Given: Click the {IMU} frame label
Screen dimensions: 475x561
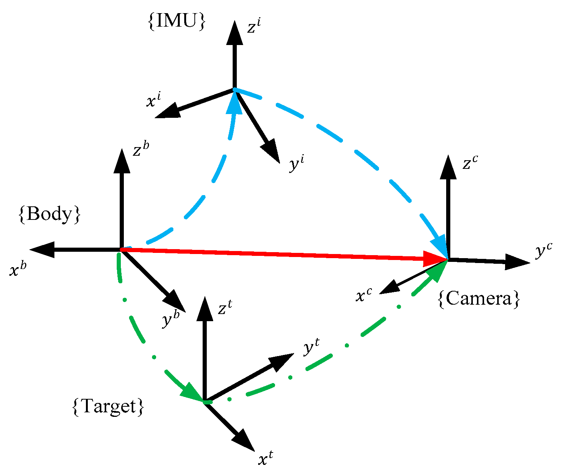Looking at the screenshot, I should (x=176, y=22).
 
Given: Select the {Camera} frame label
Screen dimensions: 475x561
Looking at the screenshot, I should (x=479, y=299).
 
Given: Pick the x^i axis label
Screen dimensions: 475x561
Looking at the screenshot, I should (x=153, y=100).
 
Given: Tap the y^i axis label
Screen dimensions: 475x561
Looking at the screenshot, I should (x=296, y=164).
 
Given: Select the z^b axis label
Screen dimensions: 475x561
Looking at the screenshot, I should (x=141, y=150).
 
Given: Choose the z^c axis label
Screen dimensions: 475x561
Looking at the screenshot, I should (x=470, y=163).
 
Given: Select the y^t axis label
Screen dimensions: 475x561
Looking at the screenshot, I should (x=311, y=348).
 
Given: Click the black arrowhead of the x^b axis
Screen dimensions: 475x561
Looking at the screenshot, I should (x=42, y=250).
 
